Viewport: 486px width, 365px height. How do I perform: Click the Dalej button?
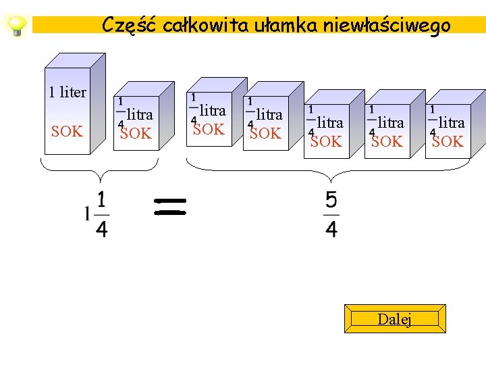coord(395,319)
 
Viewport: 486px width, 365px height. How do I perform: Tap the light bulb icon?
coord(15,26)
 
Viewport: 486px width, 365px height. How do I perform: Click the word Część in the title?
coord(125,26)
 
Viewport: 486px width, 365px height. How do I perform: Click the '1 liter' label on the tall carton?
coord(67,92)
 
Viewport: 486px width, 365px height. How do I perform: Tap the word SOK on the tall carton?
coord(67,131)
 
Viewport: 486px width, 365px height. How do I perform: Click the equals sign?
coord(169,206)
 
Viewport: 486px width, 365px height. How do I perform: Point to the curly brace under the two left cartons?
coord(100,170)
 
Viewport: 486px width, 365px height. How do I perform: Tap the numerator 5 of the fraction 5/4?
coord(331,201)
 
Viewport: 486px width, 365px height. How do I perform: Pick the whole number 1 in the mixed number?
coord(86,215)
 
